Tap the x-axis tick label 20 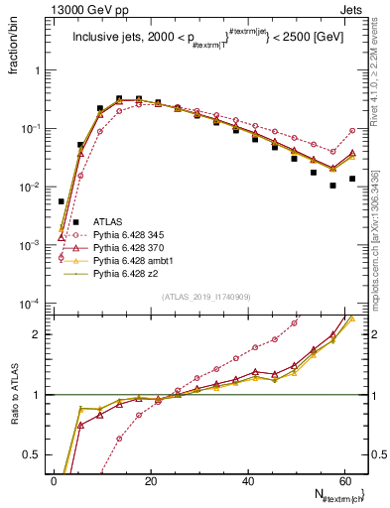coord(151,480)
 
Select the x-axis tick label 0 coord(54,480)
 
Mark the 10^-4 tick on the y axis coord(33,303)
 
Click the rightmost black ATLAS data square coord(352,179)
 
